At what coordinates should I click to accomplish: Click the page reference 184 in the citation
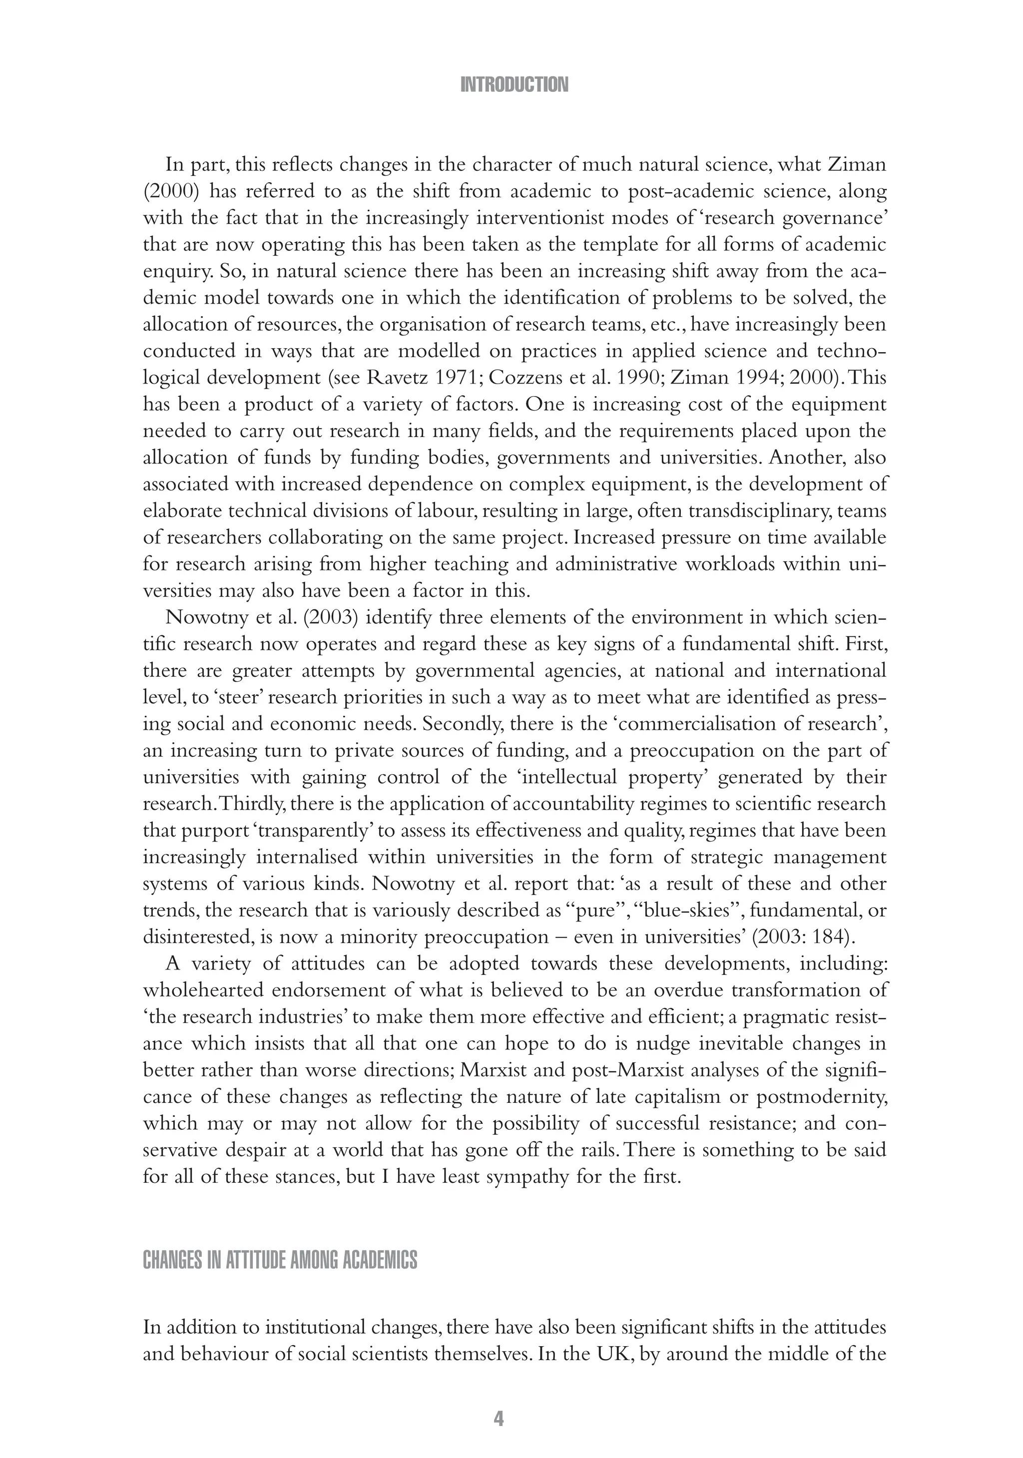[x=831, y=937]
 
